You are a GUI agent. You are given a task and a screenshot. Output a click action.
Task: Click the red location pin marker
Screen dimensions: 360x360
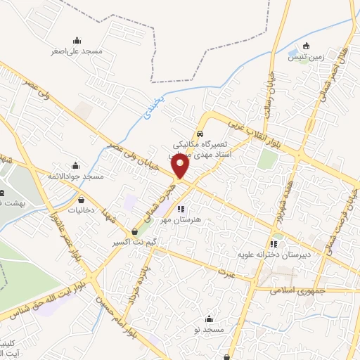click(x=181, y=166)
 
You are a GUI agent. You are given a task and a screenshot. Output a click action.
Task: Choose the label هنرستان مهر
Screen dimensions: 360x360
click(x=186, y=219)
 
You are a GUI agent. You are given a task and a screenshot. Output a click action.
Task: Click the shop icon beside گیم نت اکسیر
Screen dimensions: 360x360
click(x=134, y=231)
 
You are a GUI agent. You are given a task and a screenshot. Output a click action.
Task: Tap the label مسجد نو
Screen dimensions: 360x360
click(x=209, y=329)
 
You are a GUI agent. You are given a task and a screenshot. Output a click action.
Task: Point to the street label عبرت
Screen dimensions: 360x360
click(x=224, y=271)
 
